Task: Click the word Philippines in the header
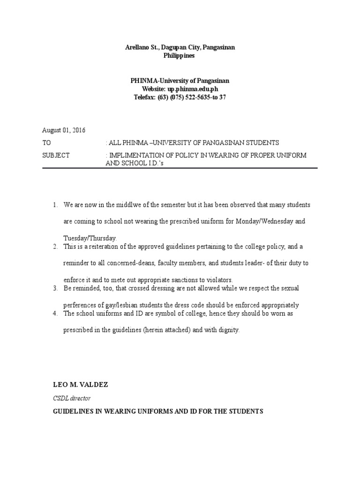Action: (180, 56)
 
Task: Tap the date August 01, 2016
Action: (64, 130)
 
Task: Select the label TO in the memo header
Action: (47, 142)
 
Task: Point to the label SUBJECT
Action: (56, 155)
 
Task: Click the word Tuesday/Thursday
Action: (90, 238)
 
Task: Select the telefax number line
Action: (180, 97)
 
